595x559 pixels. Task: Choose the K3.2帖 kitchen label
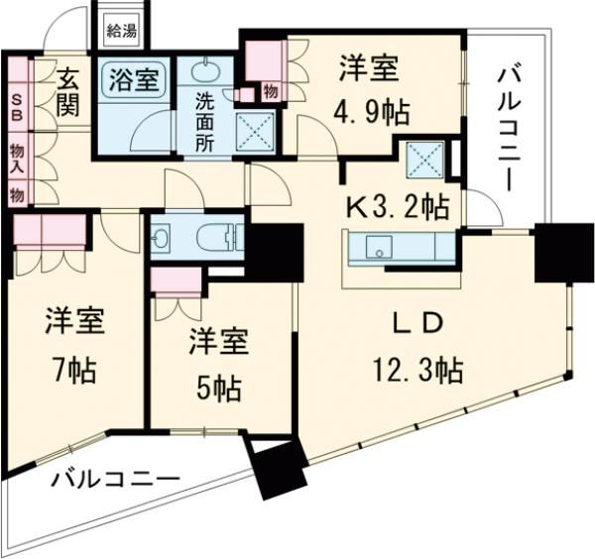coord(396,207)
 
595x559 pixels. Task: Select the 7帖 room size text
coord(73,372)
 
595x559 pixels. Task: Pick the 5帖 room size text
coord(218,389)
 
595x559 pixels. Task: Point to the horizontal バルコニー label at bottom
coord(116,479)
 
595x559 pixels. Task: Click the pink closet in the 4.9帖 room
coord(264,59)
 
